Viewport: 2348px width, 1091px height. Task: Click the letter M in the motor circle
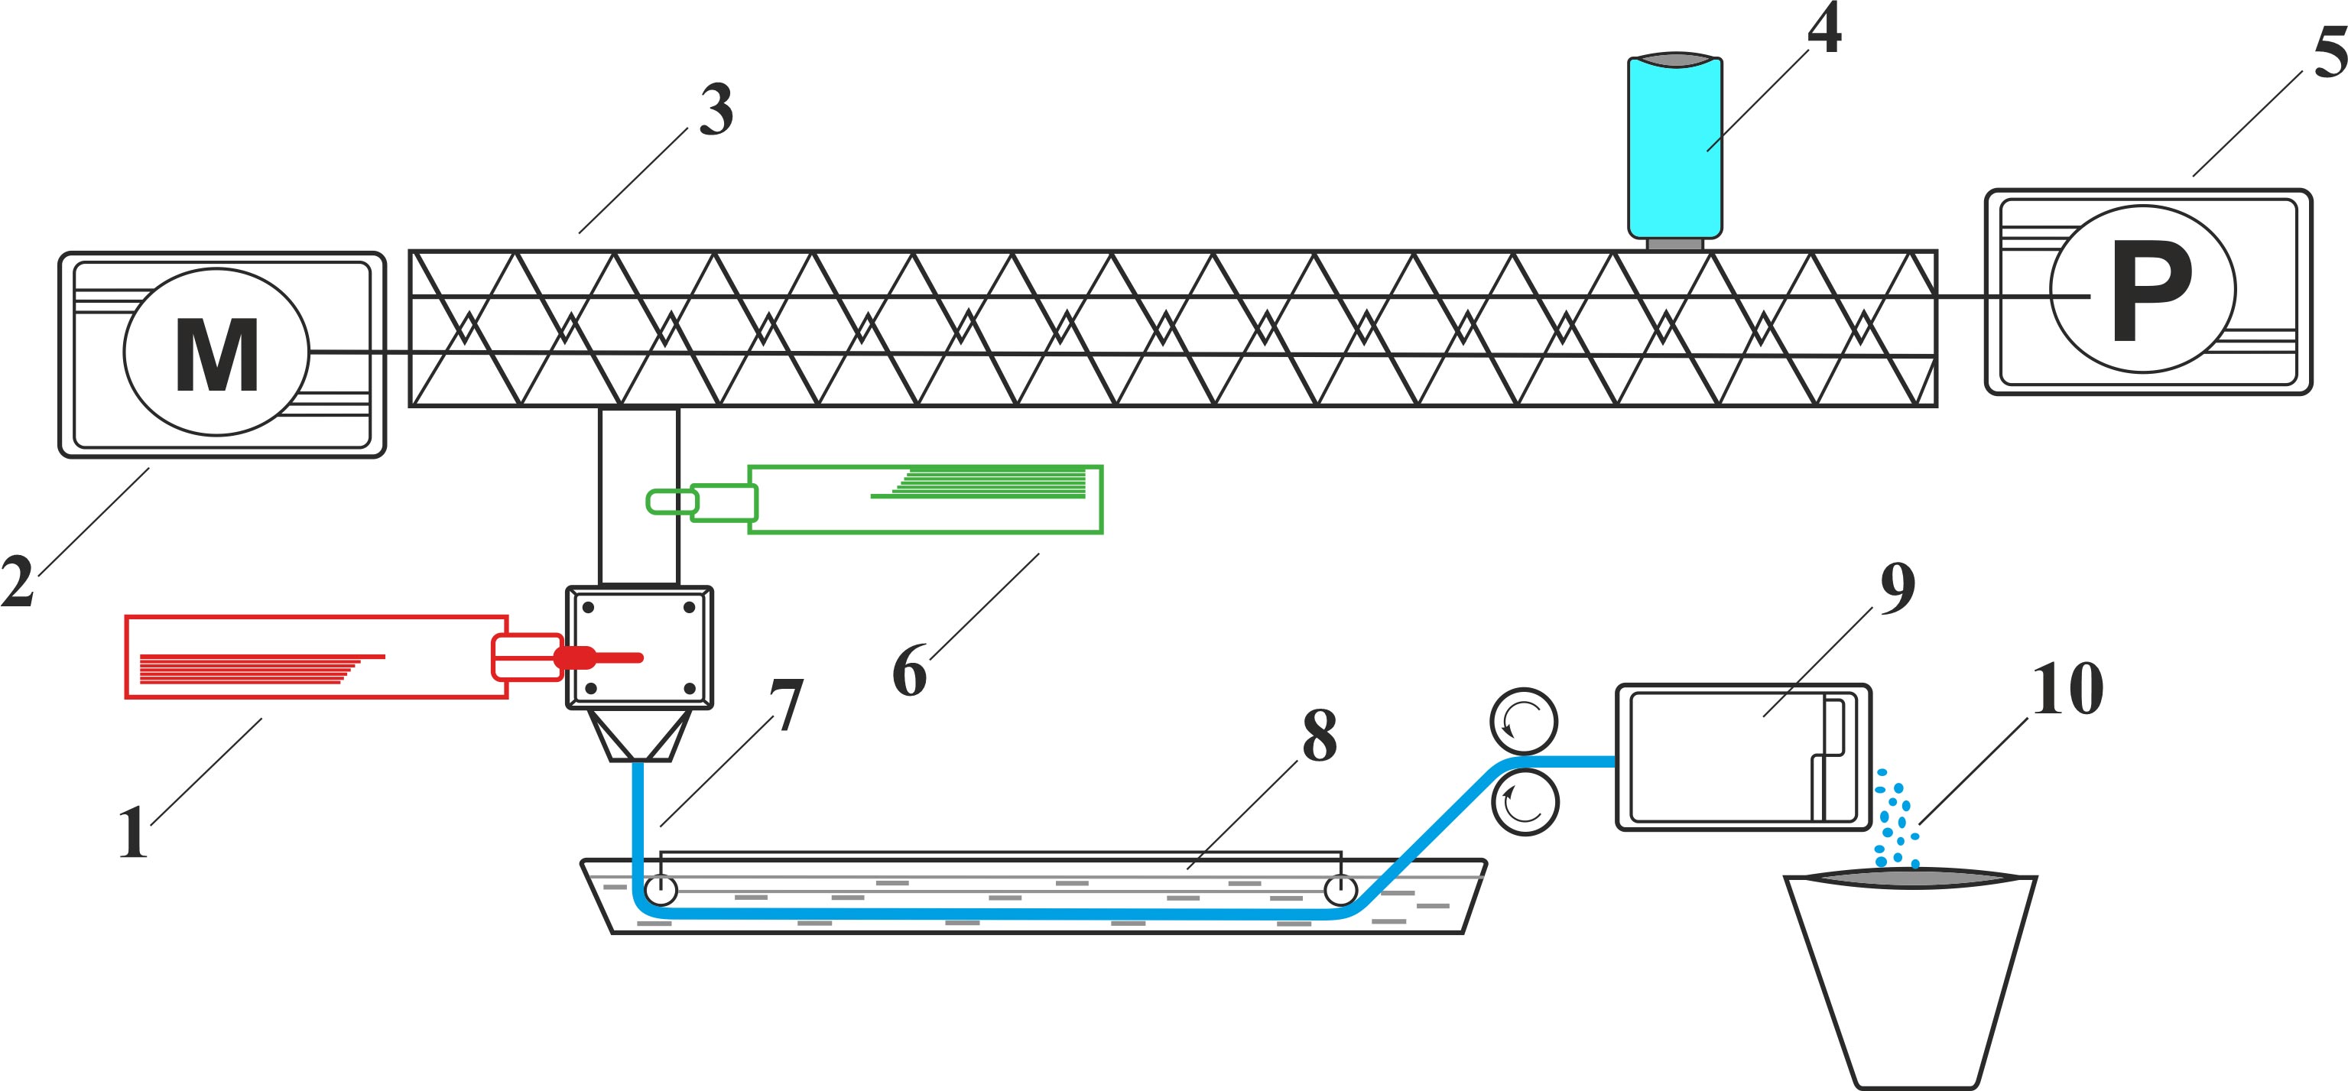tap(217, 355)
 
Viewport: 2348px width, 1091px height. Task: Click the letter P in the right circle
tap(2151, 291)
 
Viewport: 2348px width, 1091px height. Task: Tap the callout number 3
tap(716, 110)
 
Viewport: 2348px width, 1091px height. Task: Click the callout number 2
tap(18, 580)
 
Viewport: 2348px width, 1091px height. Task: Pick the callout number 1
tap(133, 832)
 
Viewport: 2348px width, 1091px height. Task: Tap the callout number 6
tap(910, 672)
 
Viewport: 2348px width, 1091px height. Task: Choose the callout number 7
tap(786, 705)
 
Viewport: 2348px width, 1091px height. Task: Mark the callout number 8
tap(1319, 735)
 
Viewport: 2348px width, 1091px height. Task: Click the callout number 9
tap(1897, 589)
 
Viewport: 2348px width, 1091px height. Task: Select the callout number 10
tap(2067, 689)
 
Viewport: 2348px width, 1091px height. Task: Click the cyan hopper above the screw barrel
tap(1675, 145)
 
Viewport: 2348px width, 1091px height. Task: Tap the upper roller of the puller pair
tap(1524, 721)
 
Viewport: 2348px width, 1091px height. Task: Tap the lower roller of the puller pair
tap(1525, 802)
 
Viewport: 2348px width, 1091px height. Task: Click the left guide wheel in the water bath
tap(660, 890)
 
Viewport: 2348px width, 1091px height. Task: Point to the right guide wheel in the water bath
tap(1340, 890)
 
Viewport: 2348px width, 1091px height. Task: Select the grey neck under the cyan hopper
tap(1674, 244)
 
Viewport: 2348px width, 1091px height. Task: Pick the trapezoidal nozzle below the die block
tap(638, 735)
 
